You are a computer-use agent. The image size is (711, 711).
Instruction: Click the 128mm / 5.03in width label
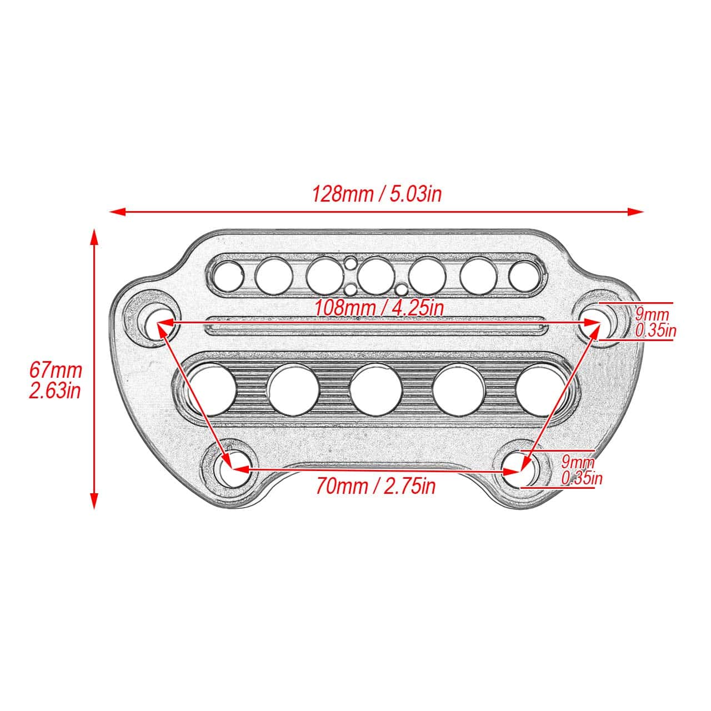377,194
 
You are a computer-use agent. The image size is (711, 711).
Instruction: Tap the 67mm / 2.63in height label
56,380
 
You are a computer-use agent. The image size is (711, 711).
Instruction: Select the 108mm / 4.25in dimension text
378,308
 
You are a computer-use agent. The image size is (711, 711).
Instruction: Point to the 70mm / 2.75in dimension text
375,486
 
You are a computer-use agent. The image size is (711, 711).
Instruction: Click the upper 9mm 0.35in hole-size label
655,323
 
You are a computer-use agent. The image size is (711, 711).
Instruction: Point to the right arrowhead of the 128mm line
635,212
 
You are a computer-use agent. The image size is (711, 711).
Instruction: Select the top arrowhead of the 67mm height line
95,237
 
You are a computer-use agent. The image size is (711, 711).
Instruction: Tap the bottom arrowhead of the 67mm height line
95,500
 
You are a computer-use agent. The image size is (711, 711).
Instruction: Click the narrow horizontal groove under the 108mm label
374,326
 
